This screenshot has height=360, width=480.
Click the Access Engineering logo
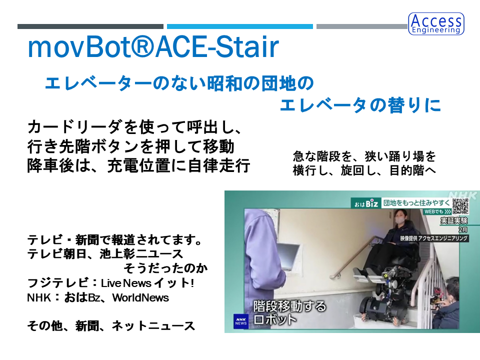click(x=436, y=23)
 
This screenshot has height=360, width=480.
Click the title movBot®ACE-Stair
click(x=153, y=47)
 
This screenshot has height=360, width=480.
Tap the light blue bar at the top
click(x=239, y=26)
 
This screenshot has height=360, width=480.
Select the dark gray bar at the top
click(x=90, y=26)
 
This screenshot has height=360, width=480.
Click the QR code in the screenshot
click(x=460, y=206)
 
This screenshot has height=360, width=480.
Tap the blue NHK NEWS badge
click(x=241, y=321)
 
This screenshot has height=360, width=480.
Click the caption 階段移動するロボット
click(x=289, y=312)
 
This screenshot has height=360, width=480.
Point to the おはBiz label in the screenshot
click(x=366, y=203)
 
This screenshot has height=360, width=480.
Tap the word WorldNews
click(x=140, y=297)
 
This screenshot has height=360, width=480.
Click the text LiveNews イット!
click(x=147, y=283)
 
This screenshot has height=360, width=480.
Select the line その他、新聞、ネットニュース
click(x=111, y=325)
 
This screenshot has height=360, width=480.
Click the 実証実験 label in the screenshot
click(x=454, y=220)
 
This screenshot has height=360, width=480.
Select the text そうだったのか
click(x=165, y=268)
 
